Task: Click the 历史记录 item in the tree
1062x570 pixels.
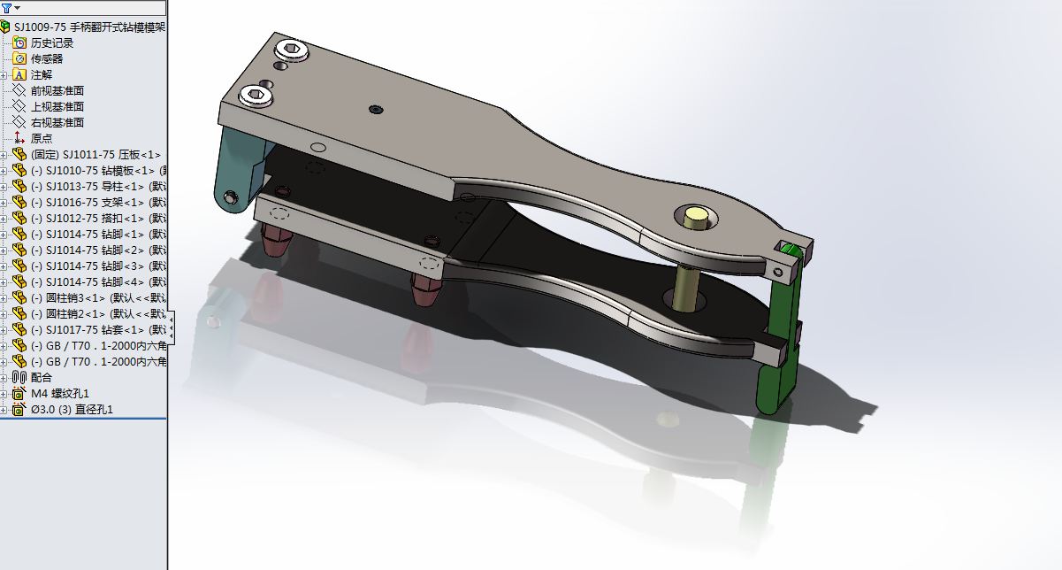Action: (x=52, y=42)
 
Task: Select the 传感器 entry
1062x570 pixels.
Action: (x=47, y=58)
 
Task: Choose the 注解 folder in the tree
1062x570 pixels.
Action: (x=42, y=74)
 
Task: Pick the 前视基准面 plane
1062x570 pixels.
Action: (x=57, y=90)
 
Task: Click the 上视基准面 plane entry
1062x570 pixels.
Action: (x=57, y=106)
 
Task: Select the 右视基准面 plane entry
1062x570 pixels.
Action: (x=57, y=122)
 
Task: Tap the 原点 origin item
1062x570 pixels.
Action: (x=42, y=138)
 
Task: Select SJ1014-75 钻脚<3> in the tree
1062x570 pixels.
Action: (x=95, y=266)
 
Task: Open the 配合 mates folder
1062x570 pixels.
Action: (x=42, y=377)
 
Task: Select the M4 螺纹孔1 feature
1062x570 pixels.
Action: (x=60, y=393)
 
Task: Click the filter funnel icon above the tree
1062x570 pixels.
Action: (x=7, y=8)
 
